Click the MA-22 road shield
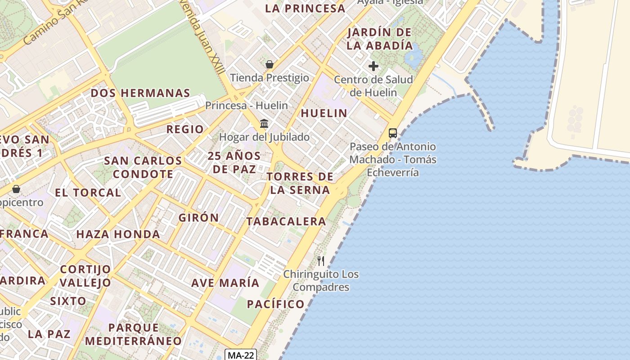[x=241, y=355]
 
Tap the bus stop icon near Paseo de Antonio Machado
[x=393, y=133]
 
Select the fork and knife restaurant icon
[x=321, y=261]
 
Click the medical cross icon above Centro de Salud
[x=373, y=67]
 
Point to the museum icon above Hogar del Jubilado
[x=264, y=123]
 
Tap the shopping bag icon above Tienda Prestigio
[x=270, y=65]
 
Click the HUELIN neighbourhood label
[x=324, y=113]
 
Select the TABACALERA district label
[x=286, y=221]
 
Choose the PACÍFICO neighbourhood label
[x=276, y=304]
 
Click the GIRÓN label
[x=199, y=218]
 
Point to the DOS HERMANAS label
[x=140, y=93]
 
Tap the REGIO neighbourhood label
[x=185, y=130]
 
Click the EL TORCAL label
[x=88, y=193]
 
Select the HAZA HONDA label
[x=118, y=234]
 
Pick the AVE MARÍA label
[x=225, y=283]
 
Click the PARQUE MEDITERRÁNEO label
[x=134, y=334]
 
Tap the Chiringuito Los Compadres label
[x=321, y=280]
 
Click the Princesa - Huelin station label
[x=247, y=106]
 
